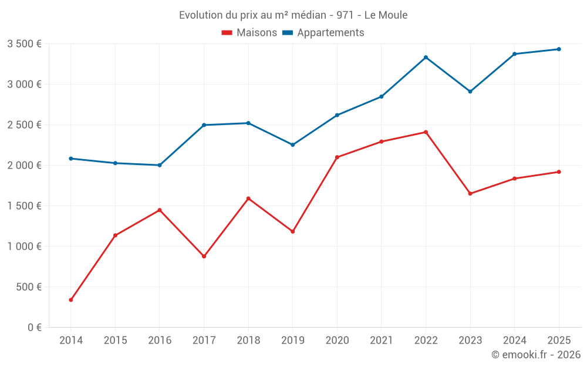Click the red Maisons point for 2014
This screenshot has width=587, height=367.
(x=71, y=300)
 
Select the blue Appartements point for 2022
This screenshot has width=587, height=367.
(x=426, y=58)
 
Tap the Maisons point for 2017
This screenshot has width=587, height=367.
(x=204, y=257)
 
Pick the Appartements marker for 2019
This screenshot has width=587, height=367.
(x=292, y=144)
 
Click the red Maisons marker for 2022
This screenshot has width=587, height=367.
(x=426, y=132)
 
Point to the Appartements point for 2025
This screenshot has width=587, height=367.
(x=559, y=49)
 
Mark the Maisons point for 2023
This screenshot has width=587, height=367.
(x=470, y=194)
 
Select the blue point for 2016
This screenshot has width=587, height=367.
(x=160, y=165)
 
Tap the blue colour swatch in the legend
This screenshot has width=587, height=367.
(x=288, y=33)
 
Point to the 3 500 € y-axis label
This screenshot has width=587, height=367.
(x=24, y=44)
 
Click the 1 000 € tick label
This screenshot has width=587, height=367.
(x=24, y=247)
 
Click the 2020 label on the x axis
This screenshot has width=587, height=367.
(x=337, y=341)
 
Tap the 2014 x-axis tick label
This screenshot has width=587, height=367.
(x=71, y=341)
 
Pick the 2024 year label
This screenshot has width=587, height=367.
(x=514, y=341)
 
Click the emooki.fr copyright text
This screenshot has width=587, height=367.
(x=535, y=355)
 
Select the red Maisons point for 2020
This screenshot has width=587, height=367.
(x=337, y=157)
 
